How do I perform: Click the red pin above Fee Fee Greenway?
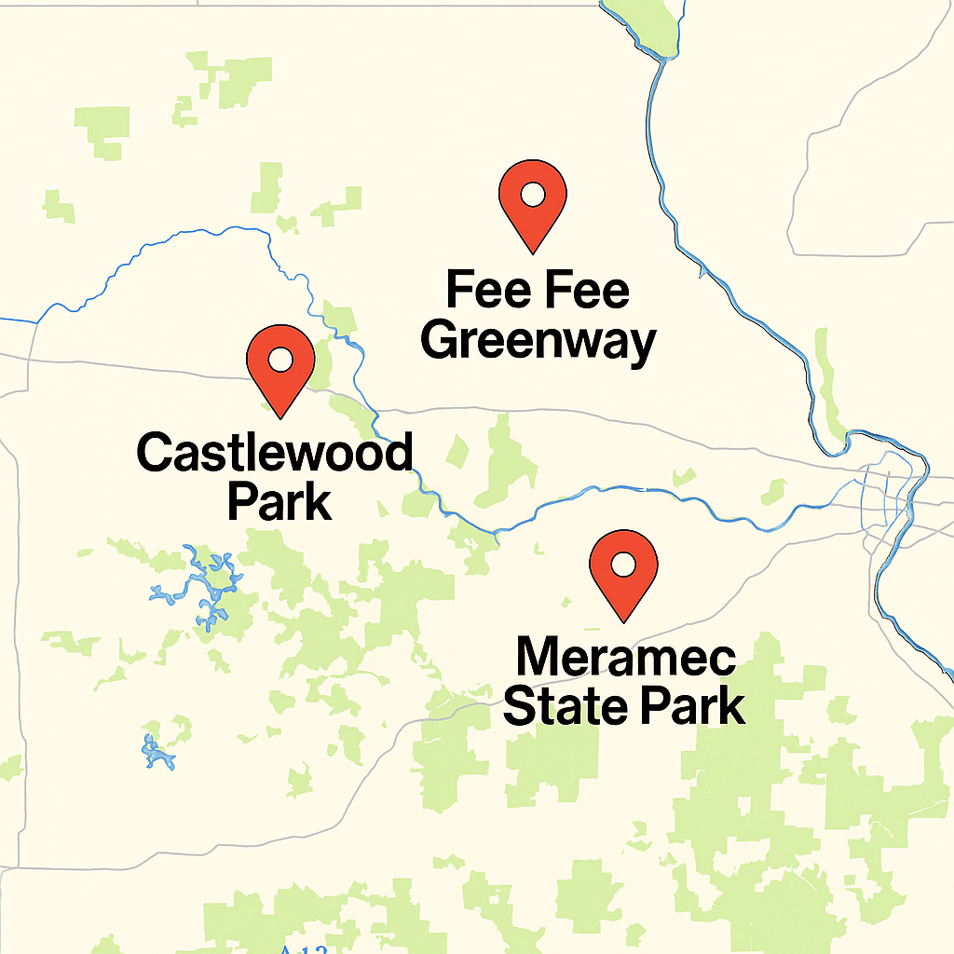(532, 200)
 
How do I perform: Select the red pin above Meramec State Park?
(623, 568)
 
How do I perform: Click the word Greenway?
(538, 342)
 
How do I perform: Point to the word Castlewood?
(275, 454)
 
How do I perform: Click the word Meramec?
(625, 659)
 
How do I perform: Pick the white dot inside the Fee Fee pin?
(532, 194)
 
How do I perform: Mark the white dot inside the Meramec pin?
(623, 563)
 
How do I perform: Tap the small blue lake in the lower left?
(156, 750)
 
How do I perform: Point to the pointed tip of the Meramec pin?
(623, 620)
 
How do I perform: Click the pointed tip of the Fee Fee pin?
(532, 252)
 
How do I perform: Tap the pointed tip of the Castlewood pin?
(279, 414)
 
